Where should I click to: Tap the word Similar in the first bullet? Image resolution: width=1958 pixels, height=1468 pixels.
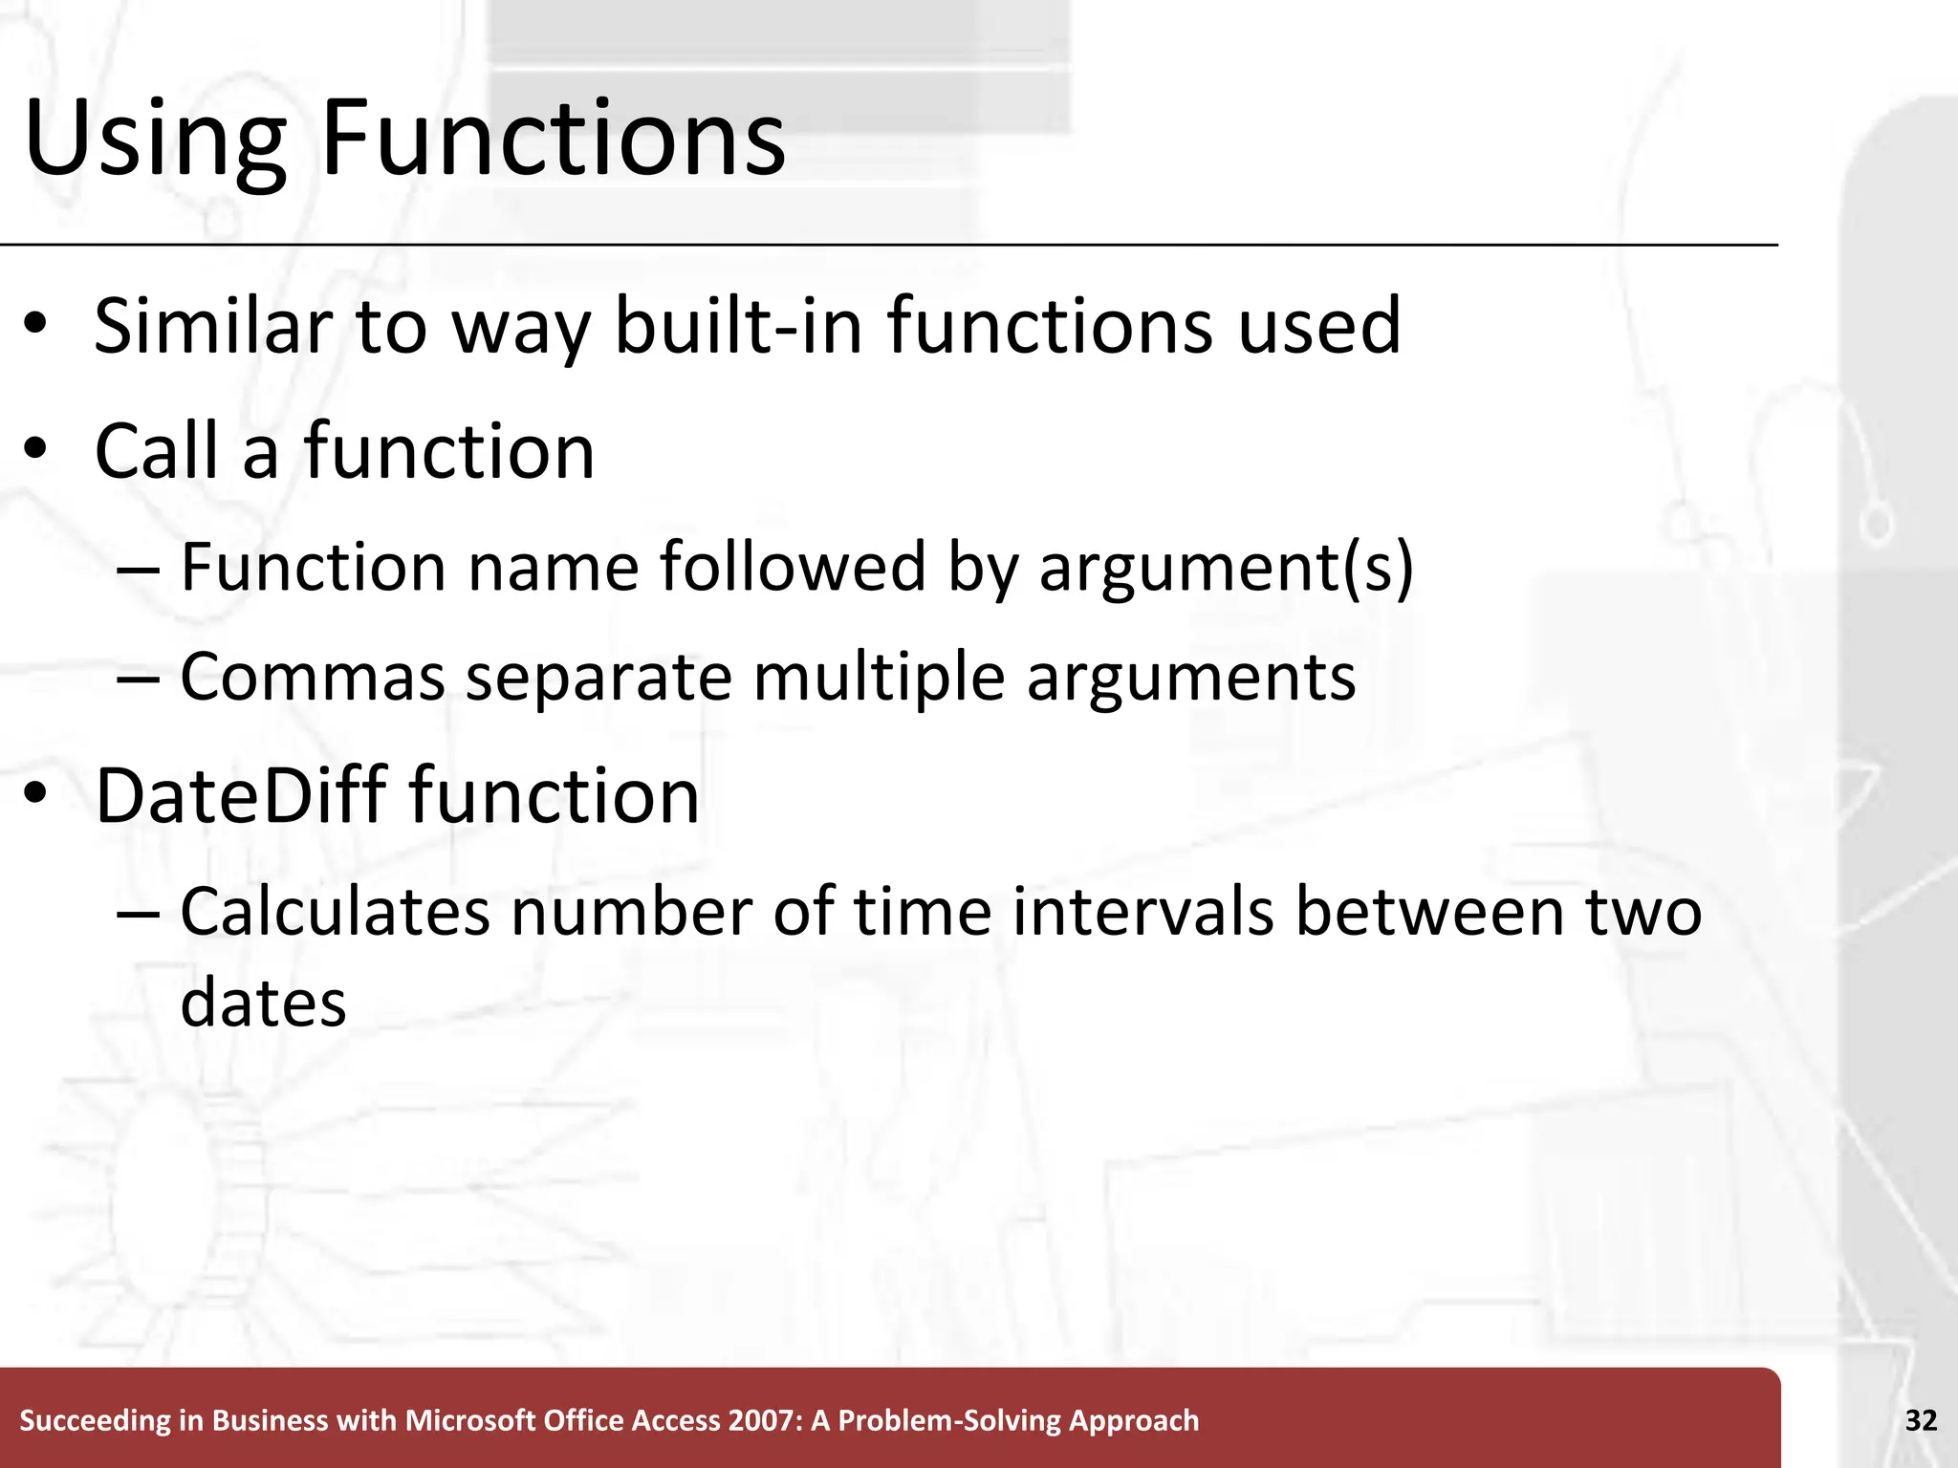(x=212, y=326)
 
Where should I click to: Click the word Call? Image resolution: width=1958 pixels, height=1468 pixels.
(x=159, y=451)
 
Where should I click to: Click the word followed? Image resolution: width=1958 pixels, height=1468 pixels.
(x=794, y=567)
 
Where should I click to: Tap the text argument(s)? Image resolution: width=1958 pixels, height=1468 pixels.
(x=1226, y=569)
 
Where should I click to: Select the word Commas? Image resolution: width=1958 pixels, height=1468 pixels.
(x=313, y=677)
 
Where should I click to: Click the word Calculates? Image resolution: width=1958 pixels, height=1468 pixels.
(x=335, y=911)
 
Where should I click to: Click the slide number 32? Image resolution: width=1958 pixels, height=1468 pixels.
(x=1921, y=1420)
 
